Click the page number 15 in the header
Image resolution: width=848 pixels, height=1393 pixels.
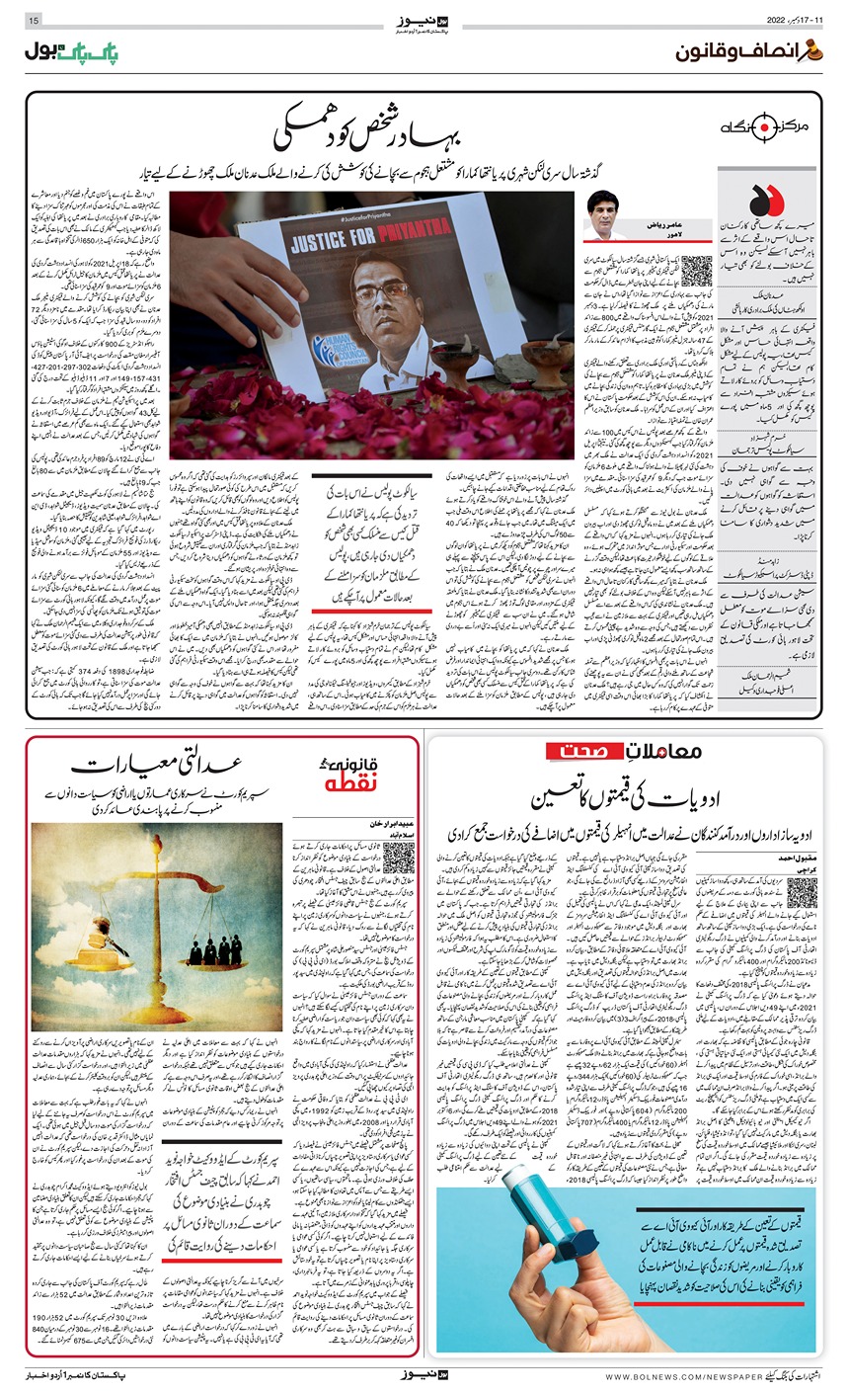(x=34, y=20)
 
